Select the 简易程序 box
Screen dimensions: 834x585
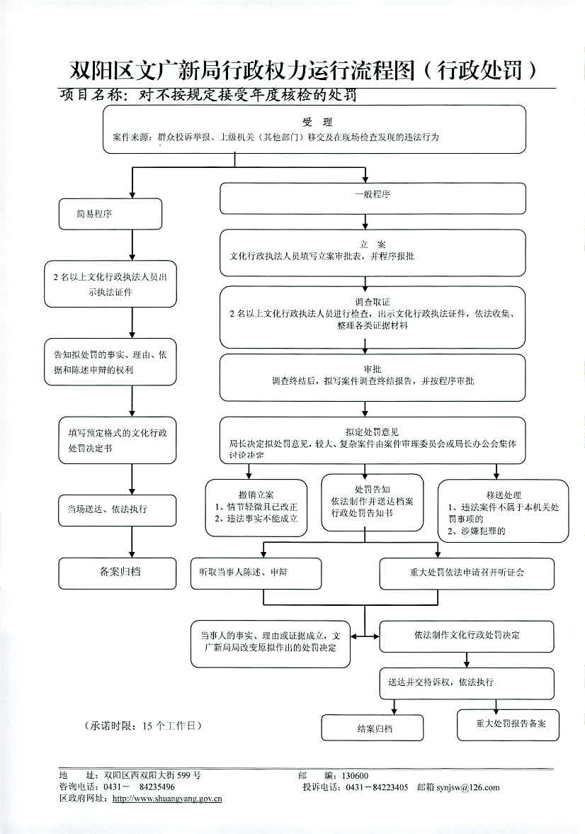tap(110, 214)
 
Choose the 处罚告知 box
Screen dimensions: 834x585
tap(372, 502)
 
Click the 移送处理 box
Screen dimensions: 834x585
tap(503, 511)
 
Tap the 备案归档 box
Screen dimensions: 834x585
tap(117, 573)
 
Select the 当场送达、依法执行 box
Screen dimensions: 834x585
tap(117, 509)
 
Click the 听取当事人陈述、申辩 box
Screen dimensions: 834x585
tap(256, 573)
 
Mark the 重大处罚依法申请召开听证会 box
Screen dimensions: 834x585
tap(467, 573)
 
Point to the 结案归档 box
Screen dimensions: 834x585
tap(372, 728)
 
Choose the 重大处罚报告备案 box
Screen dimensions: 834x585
tap(506, 724)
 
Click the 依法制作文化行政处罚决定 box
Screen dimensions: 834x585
tap(467, 635)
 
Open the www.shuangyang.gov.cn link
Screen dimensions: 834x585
tap(167, 799)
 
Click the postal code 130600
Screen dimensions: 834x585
tap(354, 776)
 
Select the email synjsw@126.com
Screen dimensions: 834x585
tap(468, 787)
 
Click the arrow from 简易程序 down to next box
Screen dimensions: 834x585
tap(132, 245)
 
